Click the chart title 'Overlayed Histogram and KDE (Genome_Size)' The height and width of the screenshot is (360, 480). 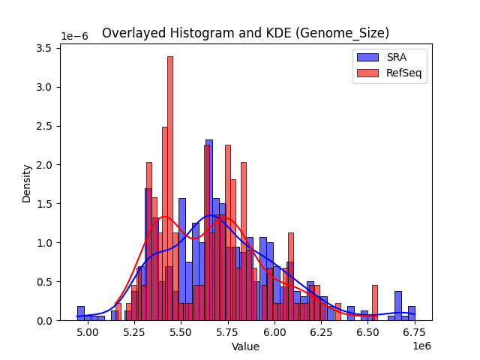tap(245, 33)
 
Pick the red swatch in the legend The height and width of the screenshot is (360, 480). tap(367, 73)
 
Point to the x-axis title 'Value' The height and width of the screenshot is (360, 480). tap(245, 347)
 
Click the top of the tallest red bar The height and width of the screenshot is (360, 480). tap(170, 57)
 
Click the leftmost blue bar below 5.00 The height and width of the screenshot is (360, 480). tap(81, 313)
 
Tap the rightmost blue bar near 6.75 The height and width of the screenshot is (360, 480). tap(412, 313)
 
